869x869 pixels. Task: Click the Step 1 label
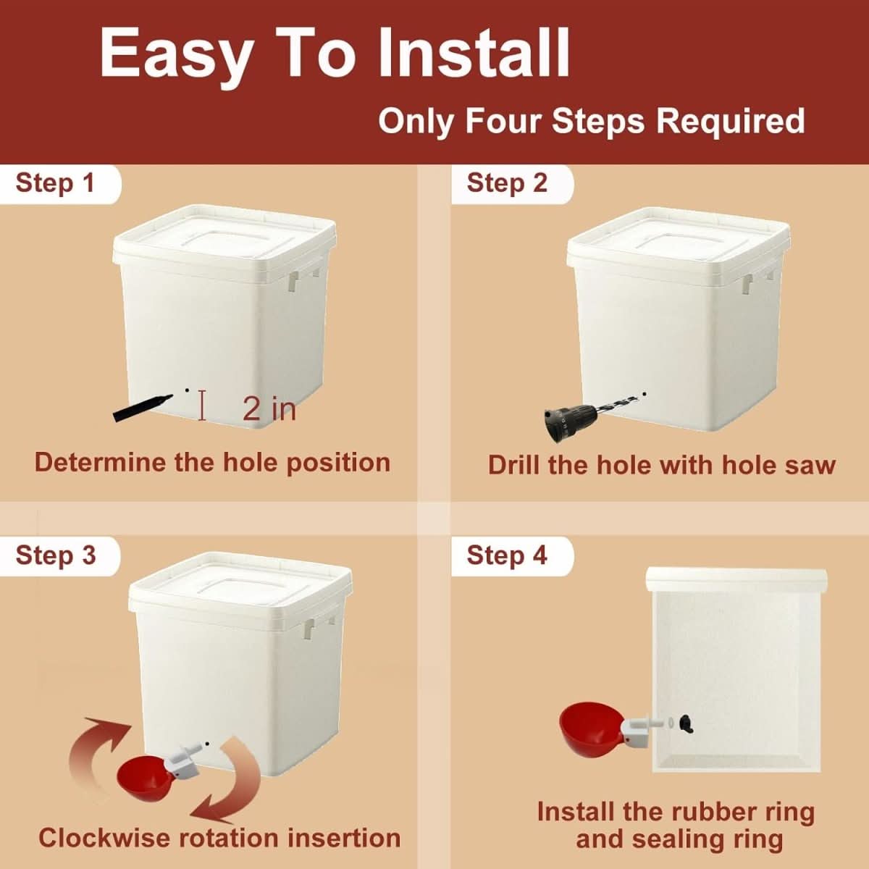(55, 183)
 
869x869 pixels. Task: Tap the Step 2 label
(507, 183)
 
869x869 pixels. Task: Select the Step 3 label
(55, 555)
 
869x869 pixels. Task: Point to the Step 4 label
(507, 555)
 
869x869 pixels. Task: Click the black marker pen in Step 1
(142, 407)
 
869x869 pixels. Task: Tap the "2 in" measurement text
(269, 409)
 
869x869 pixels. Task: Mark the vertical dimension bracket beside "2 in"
(202, 405)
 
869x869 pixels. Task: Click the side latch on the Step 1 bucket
(293, 281)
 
